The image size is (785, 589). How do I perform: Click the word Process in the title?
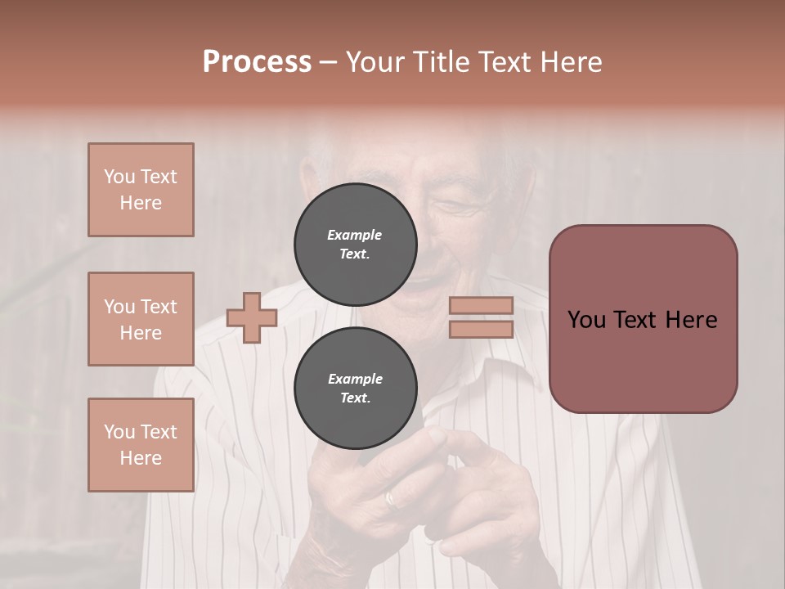(x=257, y=62)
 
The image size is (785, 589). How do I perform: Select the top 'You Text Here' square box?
(x=141, y=190)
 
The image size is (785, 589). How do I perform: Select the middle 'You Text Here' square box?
(x=141, y=319)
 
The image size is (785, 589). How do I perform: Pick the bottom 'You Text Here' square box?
(x=141, y=445)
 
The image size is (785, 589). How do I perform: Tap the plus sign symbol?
(x=252, y=317)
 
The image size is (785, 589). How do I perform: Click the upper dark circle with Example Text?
(x=355, y=245)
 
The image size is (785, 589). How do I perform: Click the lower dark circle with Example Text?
(x=355, y=389)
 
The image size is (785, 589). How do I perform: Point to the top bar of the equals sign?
(x=481, y=306)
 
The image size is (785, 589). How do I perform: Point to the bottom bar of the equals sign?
(x=481, y=330)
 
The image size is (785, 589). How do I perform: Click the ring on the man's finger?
(x=391, y=499)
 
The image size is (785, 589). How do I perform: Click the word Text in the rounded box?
(x=640, y=320)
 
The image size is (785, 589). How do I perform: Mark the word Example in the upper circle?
(x=355, y=235)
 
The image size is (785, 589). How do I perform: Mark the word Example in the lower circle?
(x=355, y=379)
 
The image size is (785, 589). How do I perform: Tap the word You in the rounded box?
(x=586, y=320)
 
